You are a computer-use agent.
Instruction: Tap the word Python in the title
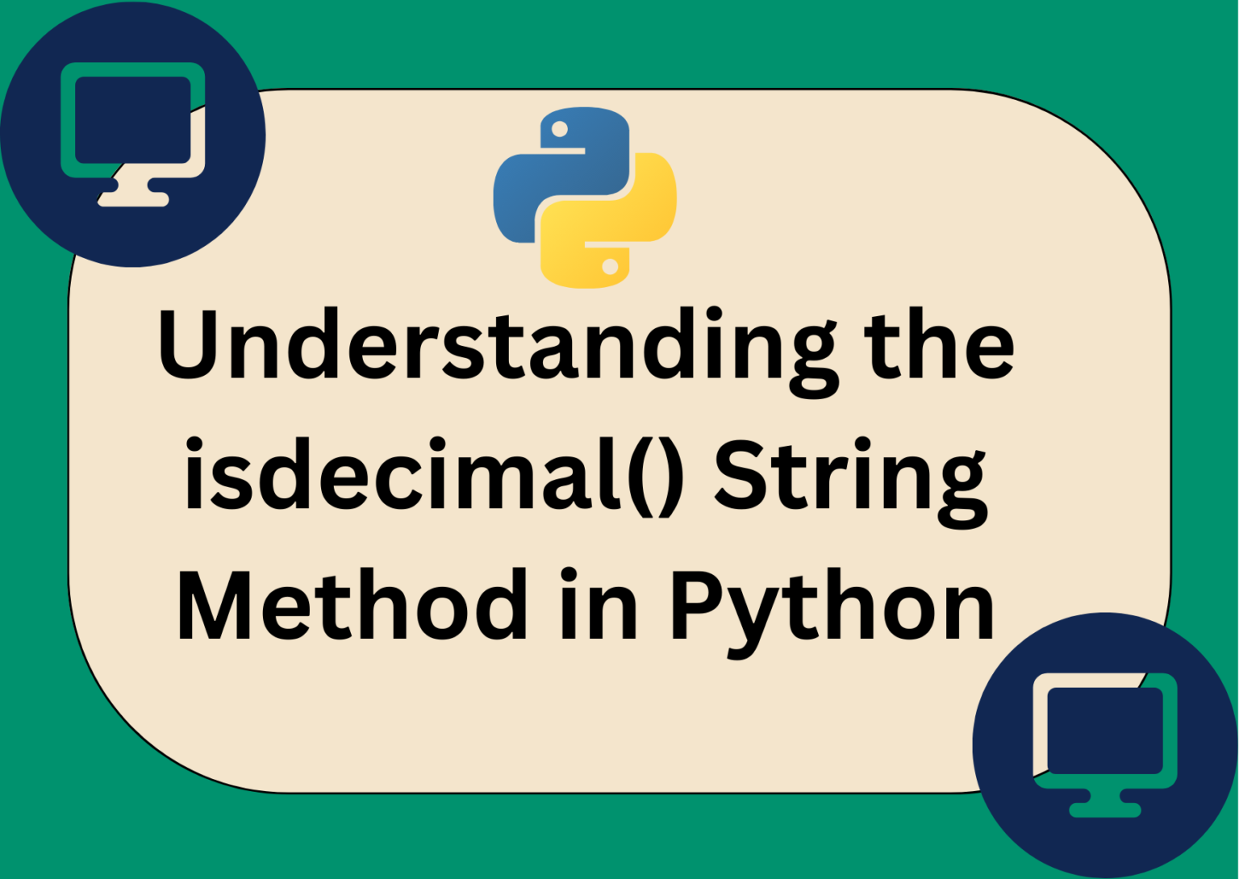coord(832,606)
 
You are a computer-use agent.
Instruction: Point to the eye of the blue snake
coord(559,130)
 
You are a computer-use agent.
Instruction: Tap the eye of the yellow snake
coord(611,266)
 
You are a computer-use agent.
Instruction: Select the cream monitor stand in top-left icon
coord(134,195)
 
